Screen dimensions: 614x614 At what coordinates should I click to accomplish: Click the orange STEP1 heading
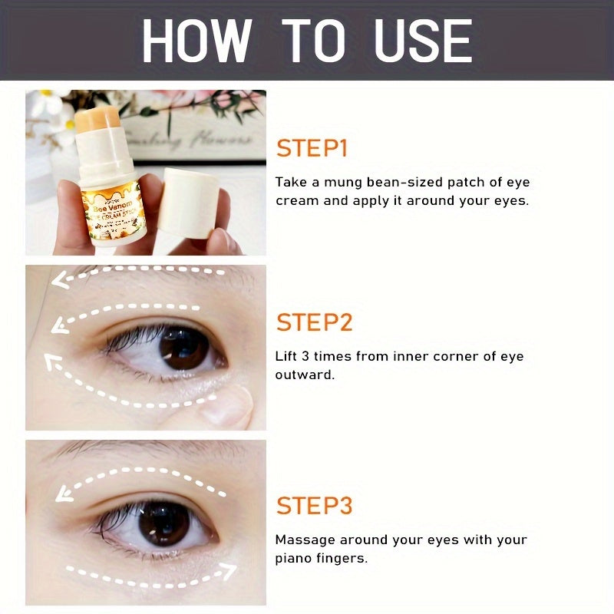coord(312,148)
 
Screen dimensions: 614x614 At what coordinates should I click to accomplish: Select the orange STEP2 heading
coord(314,322)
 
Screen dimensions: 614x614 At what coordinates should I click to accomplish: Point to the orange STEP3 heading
coord(314,506)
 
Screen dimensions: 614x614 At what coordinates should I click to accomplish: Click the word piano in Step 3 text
coord(292,559)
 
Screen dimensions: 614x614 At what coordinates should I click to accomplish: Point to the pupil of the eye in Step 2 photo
coord(181,348)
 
